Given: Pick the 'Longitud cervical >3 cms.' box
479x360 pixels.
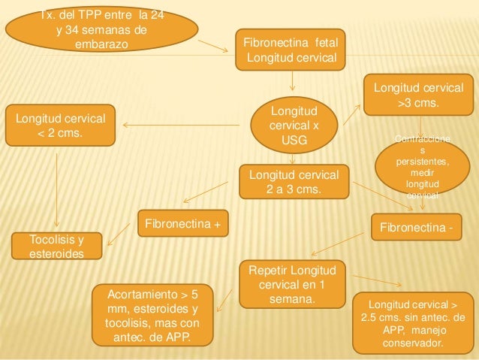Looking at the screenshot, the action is click(419, 94).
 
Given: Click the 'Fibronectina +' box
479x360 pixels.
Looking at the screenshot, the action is click(182, 223).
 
